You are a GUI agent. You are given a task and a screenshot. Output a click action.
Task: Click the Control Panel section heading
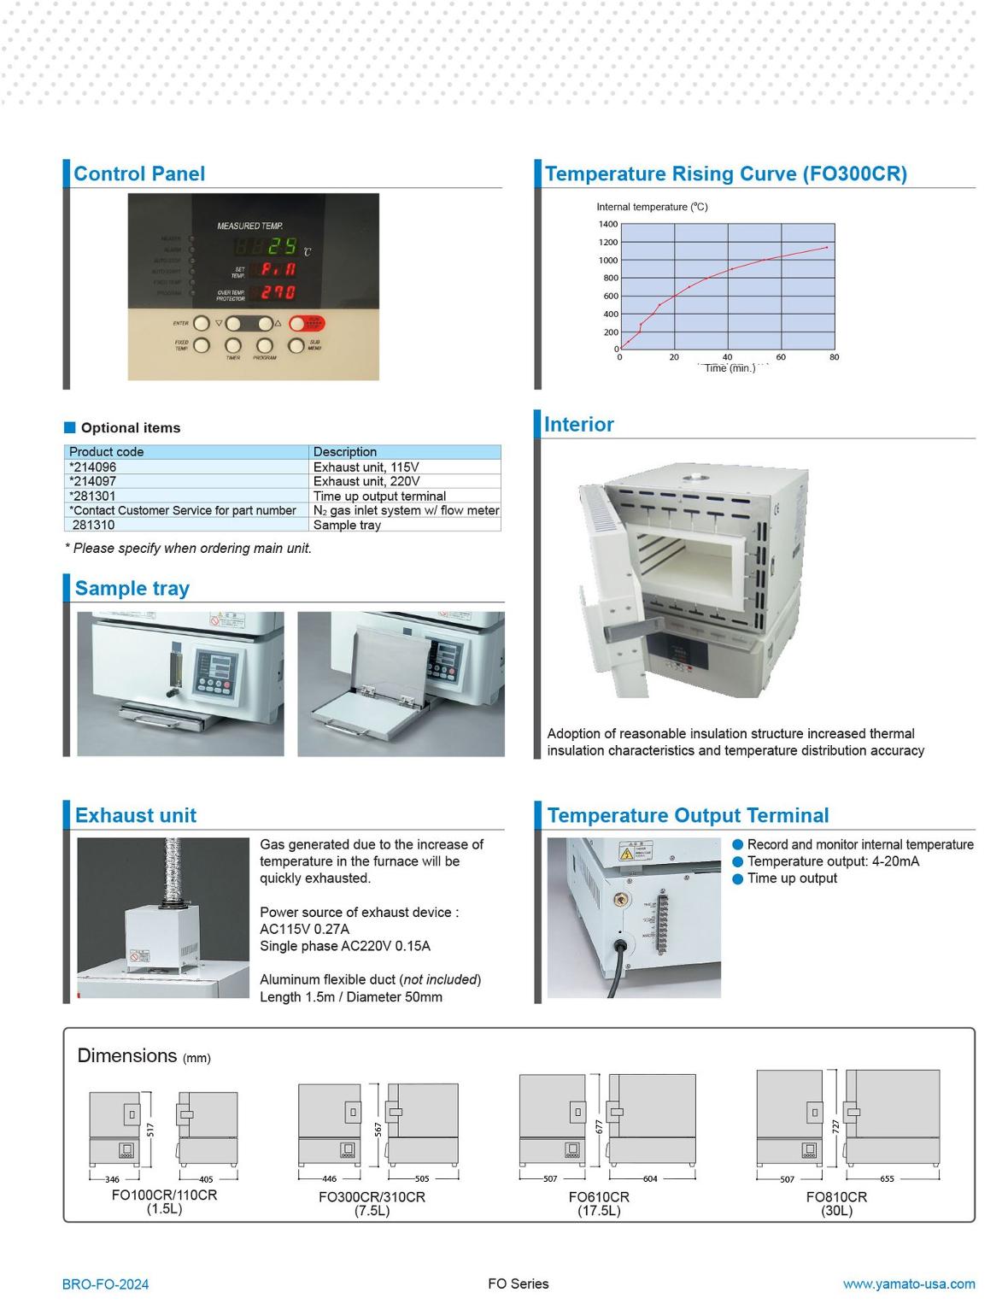139,173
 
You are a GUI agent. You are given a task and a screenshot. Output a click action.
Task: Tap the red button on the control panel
307,324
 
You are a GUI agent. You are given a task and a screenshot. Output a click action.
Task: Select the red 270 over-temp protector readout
278,292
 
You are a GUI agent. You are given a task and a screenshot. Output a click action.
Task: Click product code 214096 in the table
94,467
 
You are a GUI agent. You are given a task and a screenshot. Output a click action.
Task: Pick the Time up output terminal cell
379,496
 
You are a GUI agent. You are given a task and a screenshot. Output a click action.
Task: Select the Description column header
344,451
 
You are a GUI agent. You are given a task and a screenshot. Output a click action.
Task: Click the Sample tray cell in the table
347,525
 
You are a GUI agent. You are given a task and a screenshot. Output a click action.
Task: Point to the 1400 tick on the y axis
607,224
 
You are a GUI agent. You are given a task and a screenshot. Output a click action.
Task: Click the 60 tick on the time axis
781,357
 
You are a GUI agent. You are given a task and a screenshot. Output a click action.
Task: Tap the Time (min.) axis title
730,368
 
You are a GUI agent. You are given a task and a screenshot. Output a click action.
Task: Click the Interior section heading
578,425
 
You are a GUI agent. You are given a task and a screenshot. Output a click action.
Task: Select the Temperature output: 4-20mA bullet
833,861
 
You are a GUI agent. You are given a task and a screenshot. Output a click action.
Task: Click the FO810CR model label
835,1196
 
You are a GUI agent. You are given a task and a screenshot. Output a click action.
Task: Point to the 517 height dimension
150,1130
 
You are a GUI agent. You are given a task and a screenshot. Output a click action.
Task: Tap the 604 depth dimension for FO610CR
650,1178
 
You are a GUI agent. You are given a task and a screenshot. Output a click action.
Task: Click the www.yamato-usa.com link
908,1283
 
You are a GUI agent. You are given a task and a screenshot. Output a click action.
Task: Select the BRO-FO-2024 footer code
105,1283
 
